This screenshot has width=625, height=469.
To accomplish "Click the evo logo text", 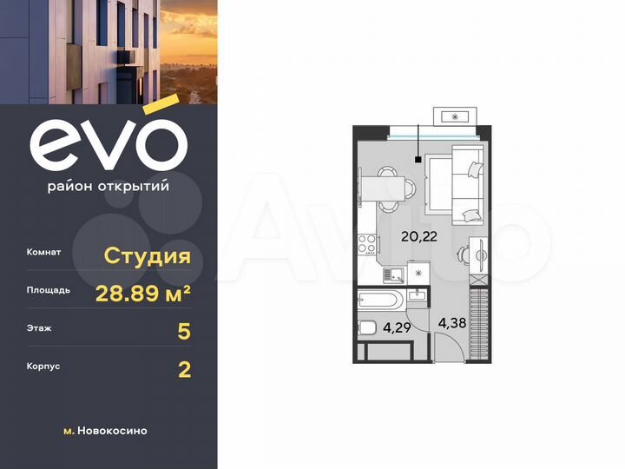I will (109, 146).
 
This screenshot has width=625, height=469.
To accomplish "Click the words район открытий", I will (109, 186).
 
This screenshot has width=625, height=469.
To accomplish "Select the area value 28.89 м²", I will (143, 293).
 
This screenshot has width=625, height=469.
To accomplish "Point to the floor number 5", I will (183, 331).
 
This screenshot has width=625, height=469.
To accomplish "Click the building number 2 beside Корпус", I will (183, 369).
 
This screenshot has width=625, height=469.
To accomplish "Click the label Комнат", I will (44, 253).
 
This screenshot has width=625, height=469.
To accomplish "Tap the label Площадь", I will (49, 291).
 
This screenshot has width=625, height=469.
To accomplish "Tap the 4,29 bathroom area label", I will (398, 328).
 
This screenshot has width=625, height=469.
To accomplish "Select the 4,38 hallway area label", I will (452, 323).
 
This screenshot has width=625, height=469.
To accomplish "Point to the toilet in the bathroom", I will (368, 328).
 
